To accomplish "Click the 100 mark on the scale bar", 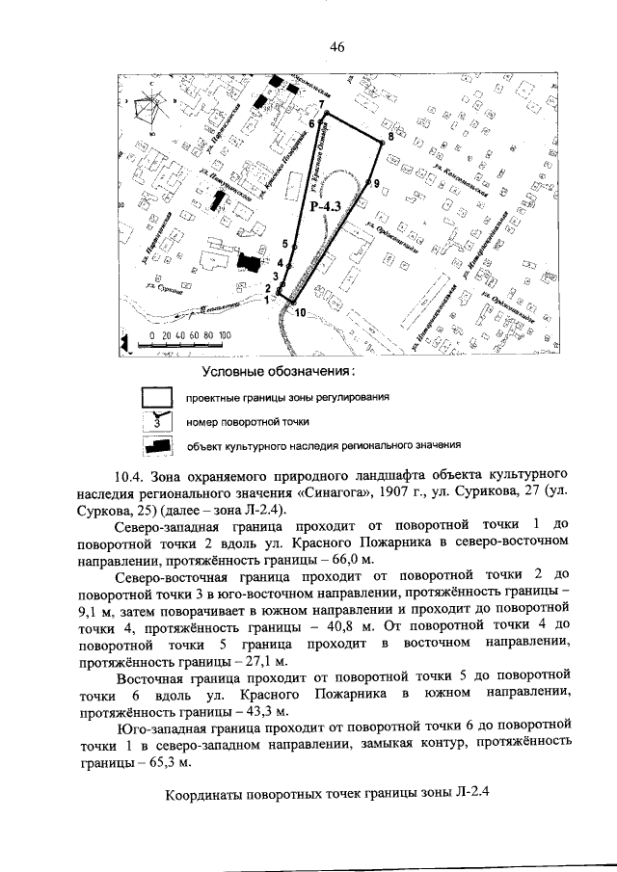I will pos(225,335).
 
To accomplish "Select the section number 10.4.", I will pos(128,476).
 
